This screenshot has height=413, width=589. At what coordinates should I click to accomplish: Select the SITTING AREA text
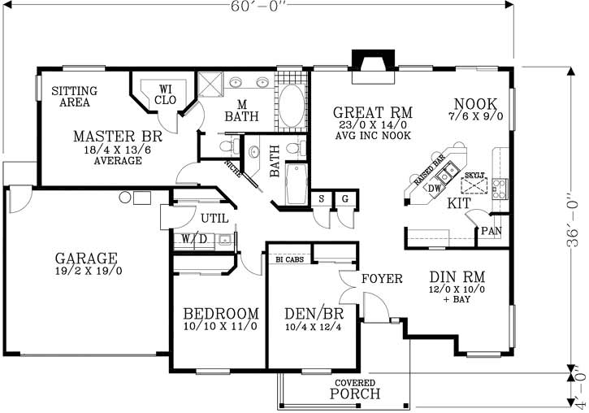75,97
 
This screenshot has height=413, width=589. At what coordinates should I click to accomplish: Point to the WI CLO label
166,94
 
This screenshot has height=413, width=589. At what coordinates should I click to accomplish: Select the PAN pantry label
491,231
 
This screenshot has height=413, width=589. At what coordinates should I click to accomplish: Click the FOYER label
382,279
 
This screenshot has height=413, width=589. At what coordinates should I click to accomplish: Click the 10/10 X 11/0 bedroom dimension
220,327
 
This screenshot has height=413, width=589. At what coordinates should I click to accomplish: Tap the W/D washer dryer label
193,238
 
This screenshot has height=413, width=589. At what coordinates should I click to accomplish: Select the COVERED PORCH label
355,389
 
